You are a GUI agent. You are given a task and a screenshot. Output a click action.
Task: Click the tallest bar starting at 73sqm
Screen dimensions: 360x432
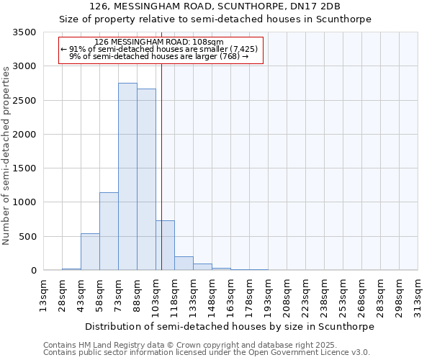pos(127,176)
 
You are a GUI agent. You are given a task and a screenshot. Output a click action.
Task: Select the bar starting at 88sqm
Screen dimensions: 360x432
pos(146,179)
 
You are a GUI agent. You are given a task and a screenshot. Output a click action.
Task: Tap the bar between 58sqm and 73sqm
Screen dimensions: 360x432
pos(109,231)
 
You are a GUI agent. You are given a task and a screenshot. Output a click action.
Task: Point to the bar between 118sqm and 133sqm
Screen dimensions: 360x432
pos(184,264)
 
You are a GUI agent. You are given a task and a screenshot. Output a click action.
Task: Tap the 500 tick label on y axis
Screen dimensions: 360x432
pos(28,237)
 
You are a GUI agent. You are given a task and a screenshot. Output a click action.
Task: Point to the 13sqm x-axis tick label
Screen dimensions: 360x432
pos(43,294)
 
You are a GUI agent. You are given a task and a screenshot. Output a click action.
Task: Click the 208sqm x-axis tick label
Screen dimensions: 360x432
pos(287,294)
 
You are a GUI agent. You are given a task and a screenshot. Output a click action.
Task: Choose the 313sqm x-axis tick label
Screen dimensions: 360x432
pos(418,294)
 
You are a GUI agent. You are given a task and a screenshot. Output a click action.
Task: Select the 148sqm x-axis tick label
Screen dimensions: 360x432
pos(212,294)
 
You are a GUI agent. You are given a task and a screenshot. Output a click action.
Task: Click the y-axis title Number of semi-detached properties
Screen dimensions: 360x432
pos(6,155)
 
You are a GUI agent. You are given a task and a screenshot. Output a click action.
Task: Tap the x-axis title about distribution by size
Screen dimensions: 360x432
pos(230,326)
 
